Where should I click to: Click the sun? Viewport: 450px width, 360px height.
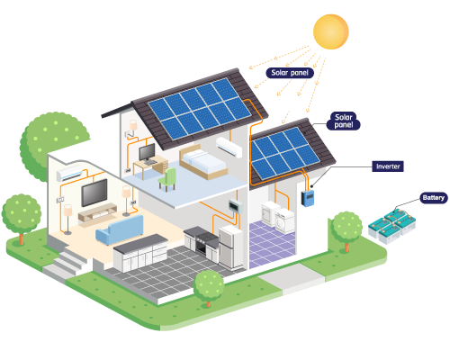coord(331,31)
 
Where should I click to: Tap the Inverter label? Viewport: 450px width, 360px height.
coord(388,166)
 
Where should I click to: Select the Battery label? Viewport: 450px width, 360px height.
coord(434,198)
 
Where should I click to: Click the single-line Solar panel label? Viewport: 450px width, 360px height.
coord(290,73)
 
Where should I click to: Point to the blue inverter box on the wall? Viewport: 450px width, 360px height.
coord(308,198)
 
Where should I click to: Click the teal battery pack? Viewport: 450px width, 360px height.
coord(392,226)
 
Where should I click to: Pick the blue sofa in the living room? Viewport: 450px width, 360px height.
coord(120,229)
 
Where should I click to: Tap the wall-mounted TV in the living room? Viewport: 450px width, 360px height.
coord(94,193)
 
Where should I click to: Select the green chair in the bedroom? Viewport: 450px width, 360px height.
coord(167,179)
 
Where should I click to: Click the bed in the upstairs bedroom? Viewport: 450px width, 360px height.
coord(202,162)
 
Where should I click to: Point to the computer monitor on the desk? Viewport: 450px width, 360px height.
coord(148,153)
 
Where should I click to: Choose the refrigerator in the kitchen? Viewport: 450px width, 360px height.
coord(230,247)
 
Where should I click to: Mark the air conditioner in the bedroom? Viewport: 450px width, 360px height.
coord(229,147)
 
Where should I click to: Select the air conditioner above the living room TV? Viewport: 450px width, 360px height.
coord(70,173)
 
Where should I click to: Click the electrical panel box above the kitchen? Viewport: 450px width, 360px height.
coord(236,207)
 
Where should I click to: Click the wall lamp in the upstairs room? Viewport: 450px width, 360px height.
coord(133,125)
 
